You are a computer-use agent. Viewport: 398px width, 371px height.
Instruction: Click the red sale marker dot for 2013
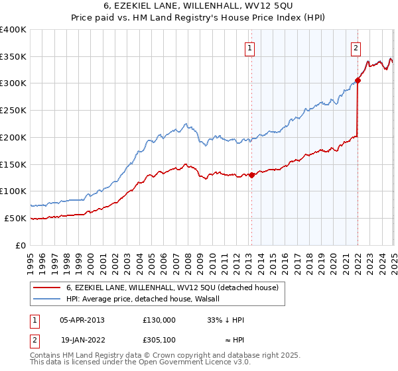click(x=252, y=175)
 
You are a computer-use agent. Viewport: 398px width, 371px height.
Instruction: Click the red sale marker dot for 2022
click(x=358, y=81)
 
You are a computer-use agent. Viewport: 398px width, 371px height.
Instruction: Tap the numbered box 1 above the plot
click(x=250, y=48)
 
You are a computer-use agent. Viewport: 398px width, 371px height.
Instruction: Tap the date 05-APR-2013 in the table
click(x=82, y=319)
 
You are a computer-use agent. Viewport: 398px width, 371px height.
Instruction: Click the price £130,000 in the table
click(x=159, y=319)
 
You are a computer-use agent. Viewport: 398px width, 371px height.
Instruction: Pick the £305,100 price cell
click(x=159, y=342)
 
